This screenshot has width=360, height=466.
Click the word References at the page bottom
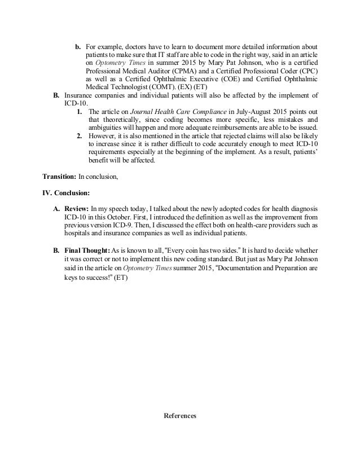point(179,416)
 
